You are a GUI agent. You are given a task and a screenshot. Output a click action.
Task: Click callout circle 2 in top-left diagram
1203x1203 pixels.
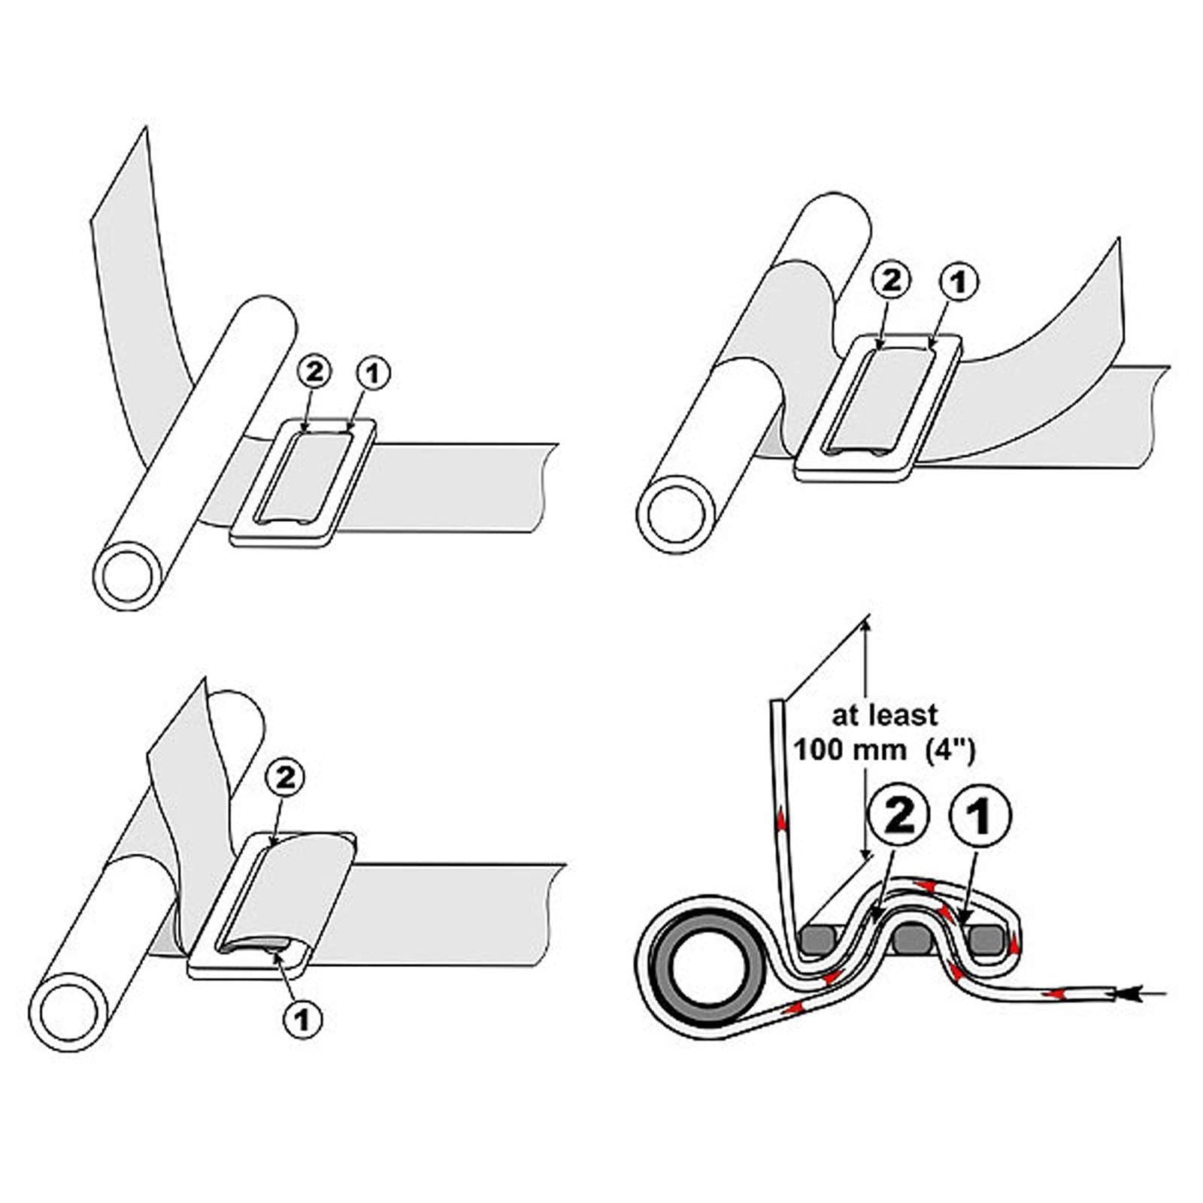click(x=314, y=373)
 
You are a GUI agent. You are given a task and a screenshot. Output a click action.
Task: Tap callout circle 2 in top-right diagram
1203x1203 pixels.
click(x=892, y=281)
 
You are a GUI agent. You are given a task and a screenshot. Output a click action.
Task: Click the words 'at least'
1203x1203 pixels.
click(x=884, y=714)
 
